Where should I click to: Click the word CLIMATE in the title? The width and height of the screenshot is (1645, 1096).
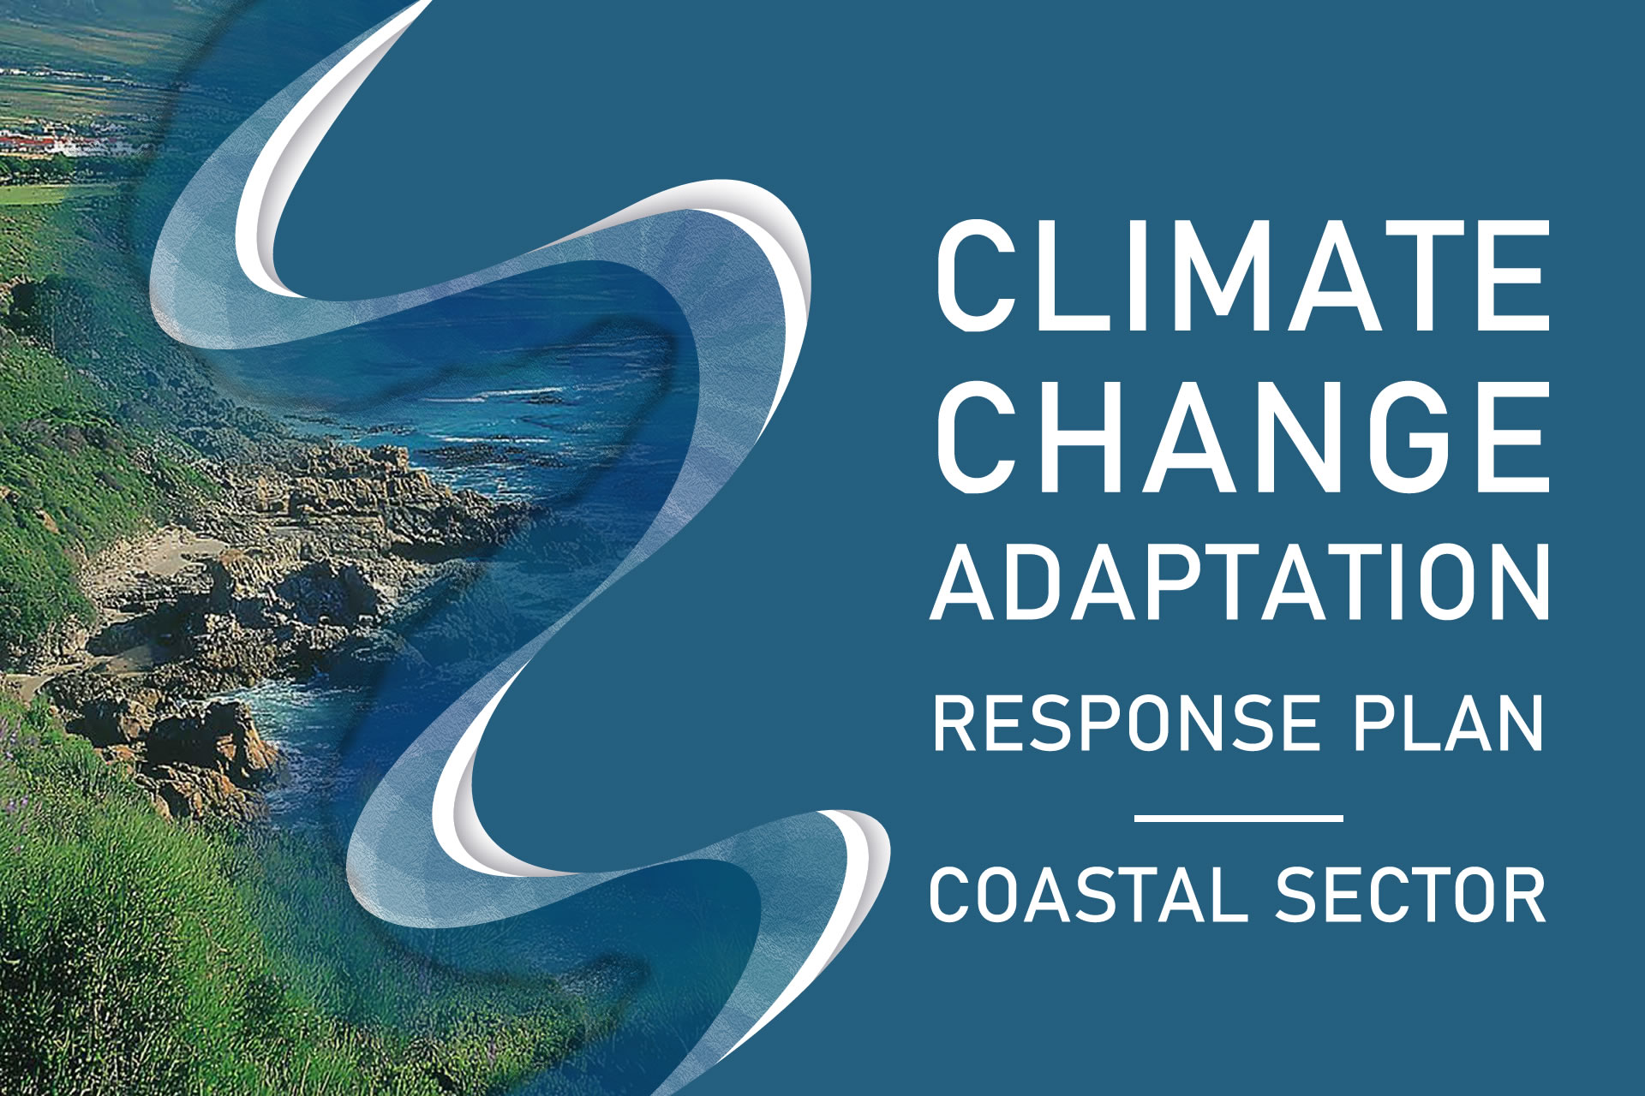pos(1243,276)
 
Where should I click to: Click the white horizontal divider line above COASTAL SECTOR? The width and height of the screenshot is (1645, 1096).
pos(1238,819)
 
